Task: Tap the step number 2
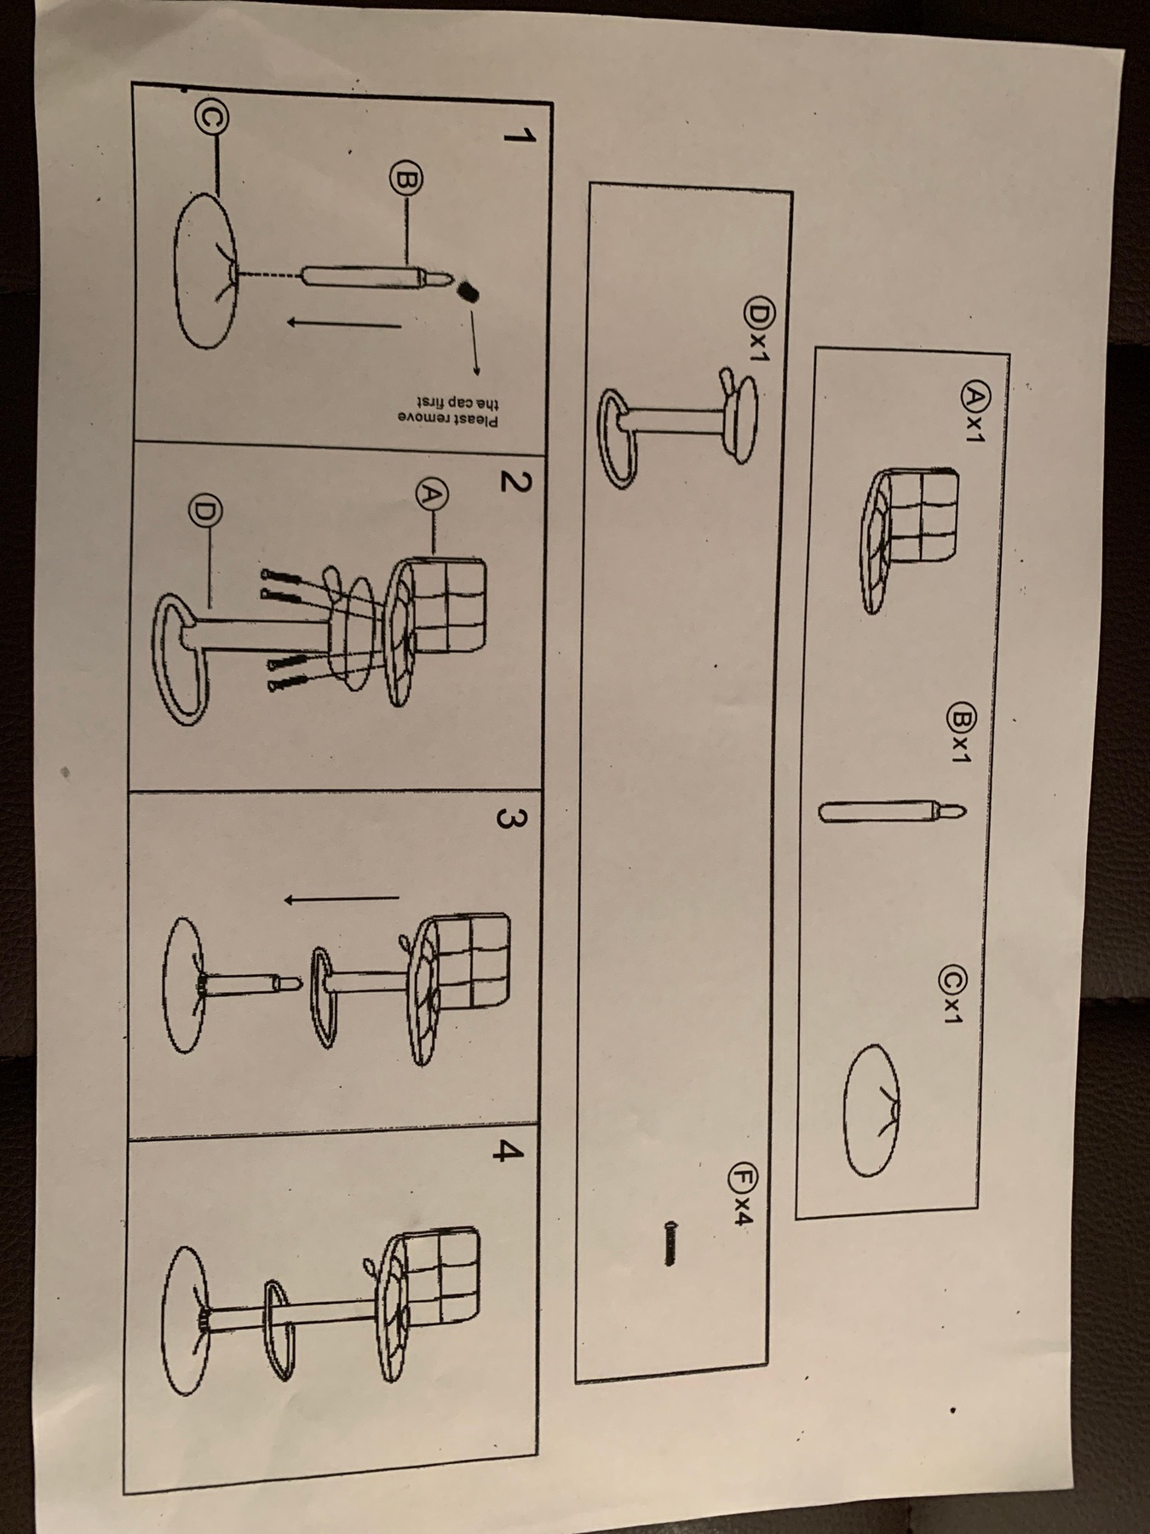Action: [512, 482]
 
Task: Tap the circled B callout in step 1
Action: [405, 180]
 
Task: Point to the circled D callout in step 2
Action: [204, 510]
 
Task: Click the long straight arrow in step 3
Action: [341, 897]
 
